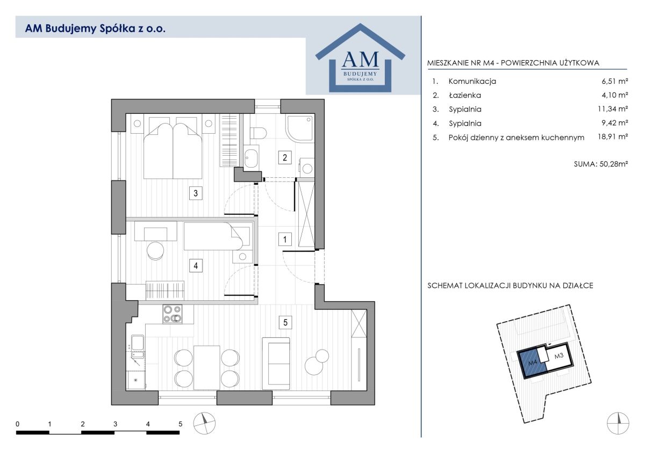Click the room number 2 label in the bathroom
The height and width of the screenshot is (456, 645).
(x=284, y=157)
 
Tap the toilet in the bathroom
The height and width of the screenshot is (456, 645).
(x=258, y=133)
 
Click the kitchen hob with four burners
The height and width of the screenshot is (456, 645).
(x=173, y=313)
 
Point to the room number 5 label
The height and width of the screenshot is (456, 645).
(x=285, y=322)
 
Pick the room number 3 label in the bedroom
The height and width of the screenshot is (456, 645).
(x=196, y=193)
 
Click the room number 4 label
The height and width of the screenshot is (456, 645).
(x=196, y=265)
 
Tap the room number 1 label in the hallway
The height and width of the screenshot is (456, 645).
(x=285, y=240)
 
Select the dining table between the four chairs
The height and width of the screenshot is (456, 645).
(x=207, y=367)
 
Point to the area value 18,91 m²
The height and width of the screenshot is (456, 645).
(x=612, y=136)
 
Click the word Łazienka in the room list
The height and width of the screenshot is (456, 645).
(x=465, y=95)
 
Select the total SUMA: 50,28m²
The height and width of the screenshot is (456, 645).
(x=601, y=164)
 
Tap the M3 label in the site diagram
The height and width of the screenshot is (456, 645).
(x=558, y=356)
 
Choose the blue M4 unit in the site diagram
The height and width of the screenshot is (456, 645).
(x=532, y=366)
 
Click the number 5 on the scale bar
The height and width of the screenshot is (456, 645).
(x=180, y=424)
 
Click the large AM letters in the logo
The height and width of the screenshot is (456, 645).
(x=360, y=59)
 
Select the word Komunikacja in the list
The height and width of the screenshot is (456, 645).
(x=472, y=81)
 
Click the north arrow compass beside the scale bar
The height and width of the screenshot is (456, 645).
(x=204, y=423)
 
